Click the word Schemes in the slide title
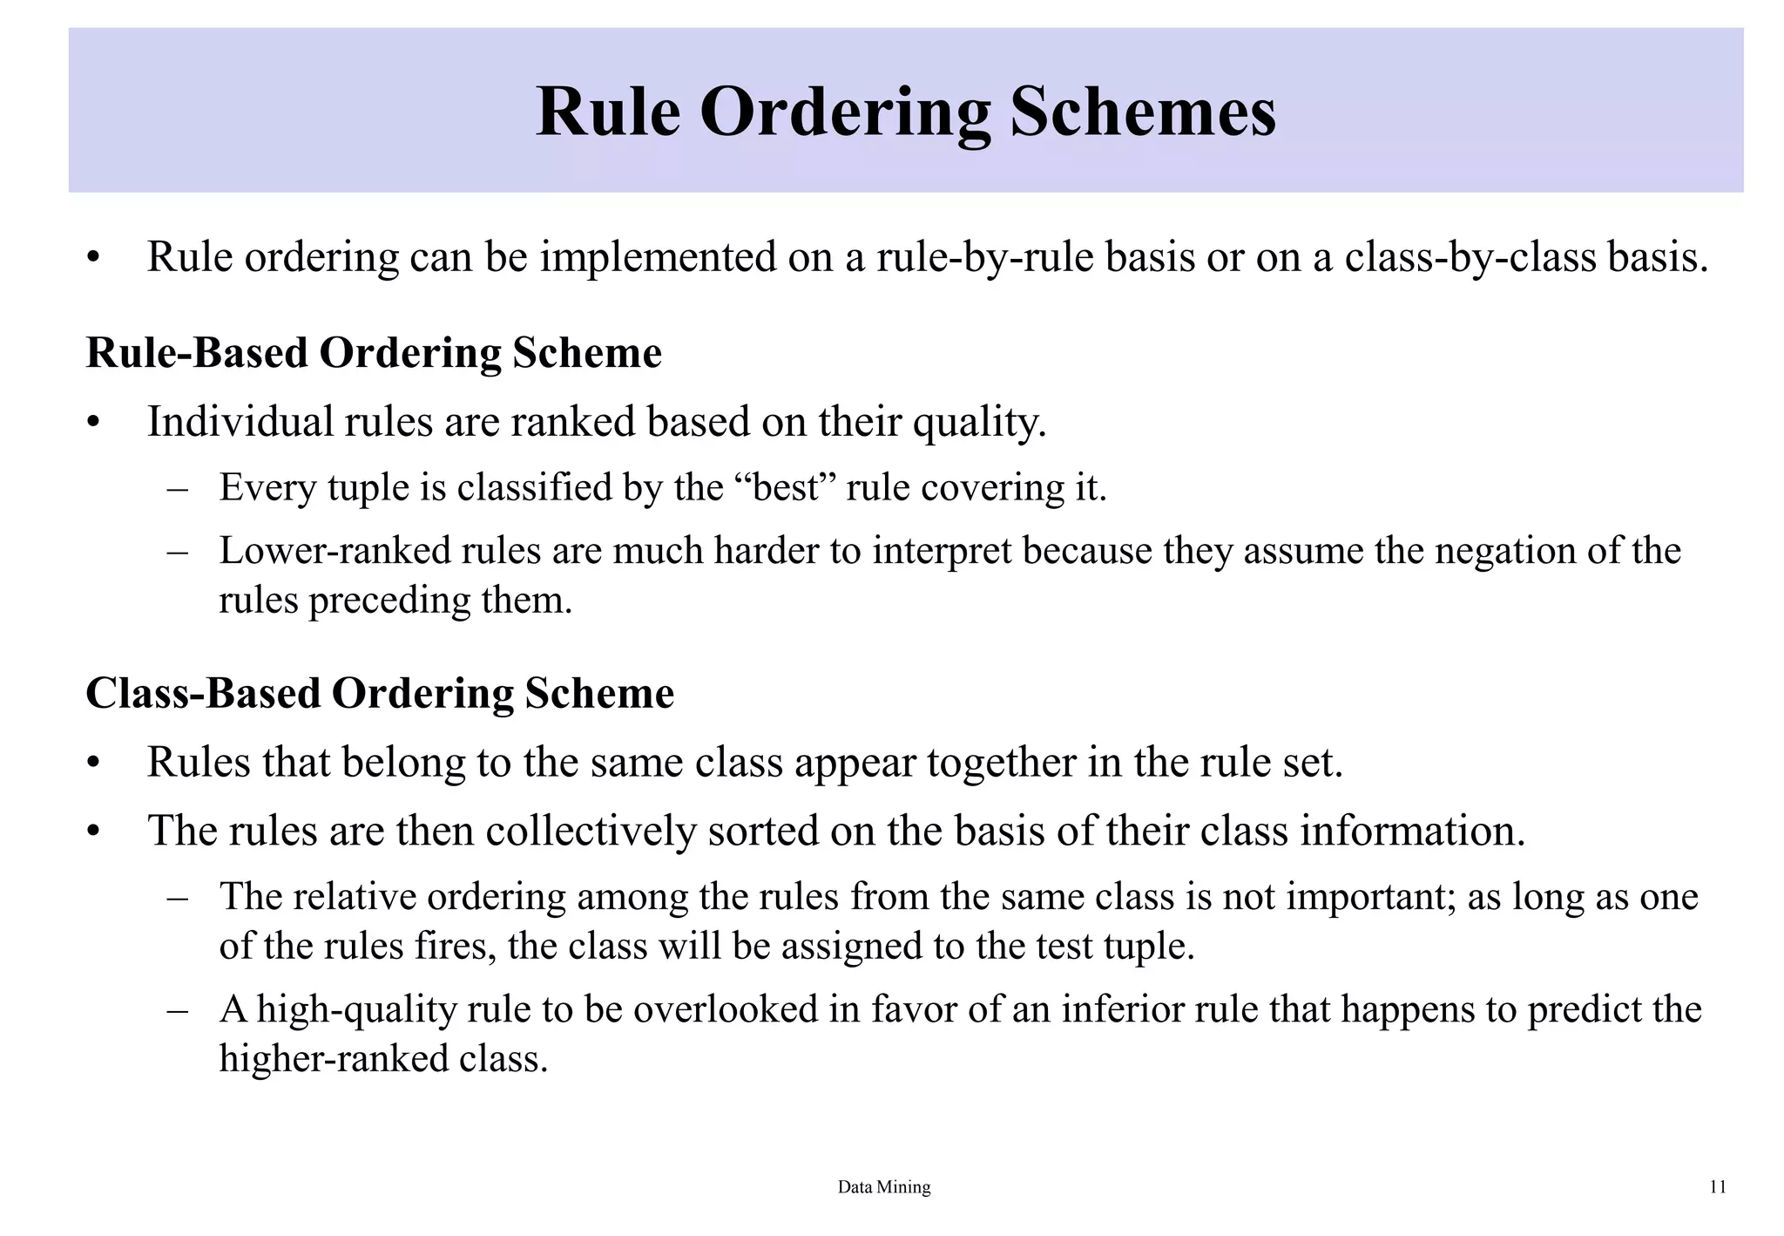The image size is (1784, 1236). (1143, 113)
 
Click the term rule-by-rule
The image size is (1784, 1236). (984, 257)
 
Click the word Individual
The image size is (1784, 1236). (240, 422)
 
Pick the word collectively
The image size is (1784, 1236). (591, 831)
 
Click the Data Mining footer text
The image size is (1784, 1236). (883, 1187)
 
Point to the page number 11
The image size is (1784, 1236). (1718, 1187)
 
